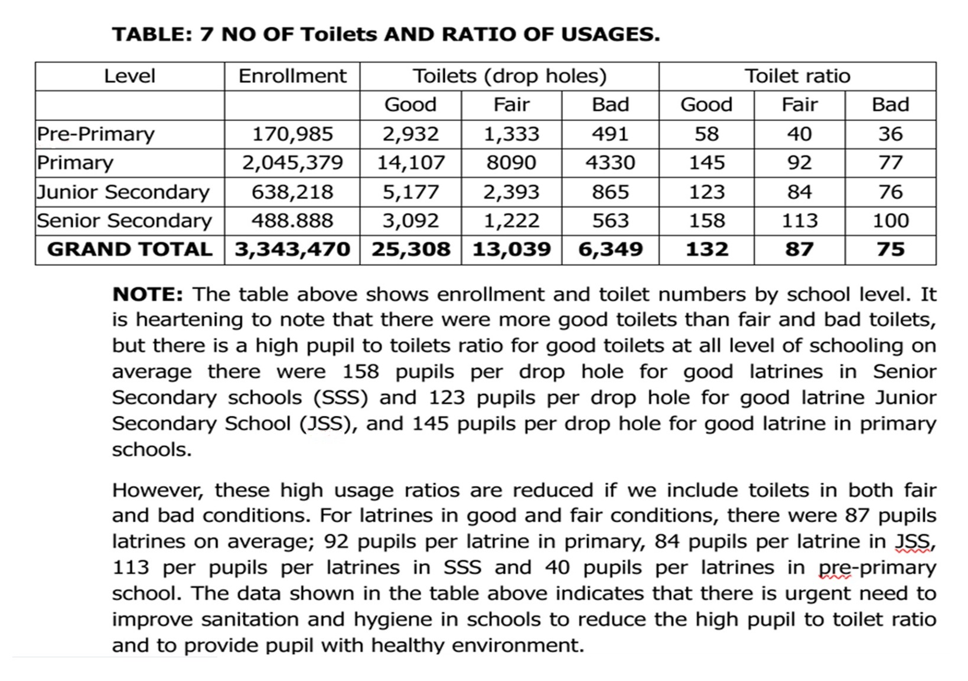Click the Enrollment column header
click(x=292, y=76)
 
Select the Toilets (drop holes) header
click(x=509, y=76)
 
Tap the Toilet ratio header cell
click(x=797, y=76)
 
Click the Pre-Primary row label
click(x=96, y=134)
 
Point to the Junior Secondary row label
click(x=123, y=192)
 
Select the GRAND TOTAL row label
click(x=130, y=249)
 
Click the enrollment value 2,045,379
click(x=292, y=162)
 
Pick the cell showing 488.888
click(x=292, y=220)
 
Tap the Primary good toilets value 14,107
click(x=410, y=162)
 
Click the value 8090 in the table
click(x=511, y=162)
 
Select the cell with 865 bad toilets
click(x=610, y=192)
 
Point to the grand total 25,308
click(x=410, y=249)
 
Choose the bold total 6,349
click(x=610, y=249)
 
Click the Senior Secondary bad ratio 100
click(x=891, y=220)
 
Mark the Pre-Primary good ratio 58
click(x=706, y=134)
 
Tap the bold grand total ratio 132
click(x=706, y=249)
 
